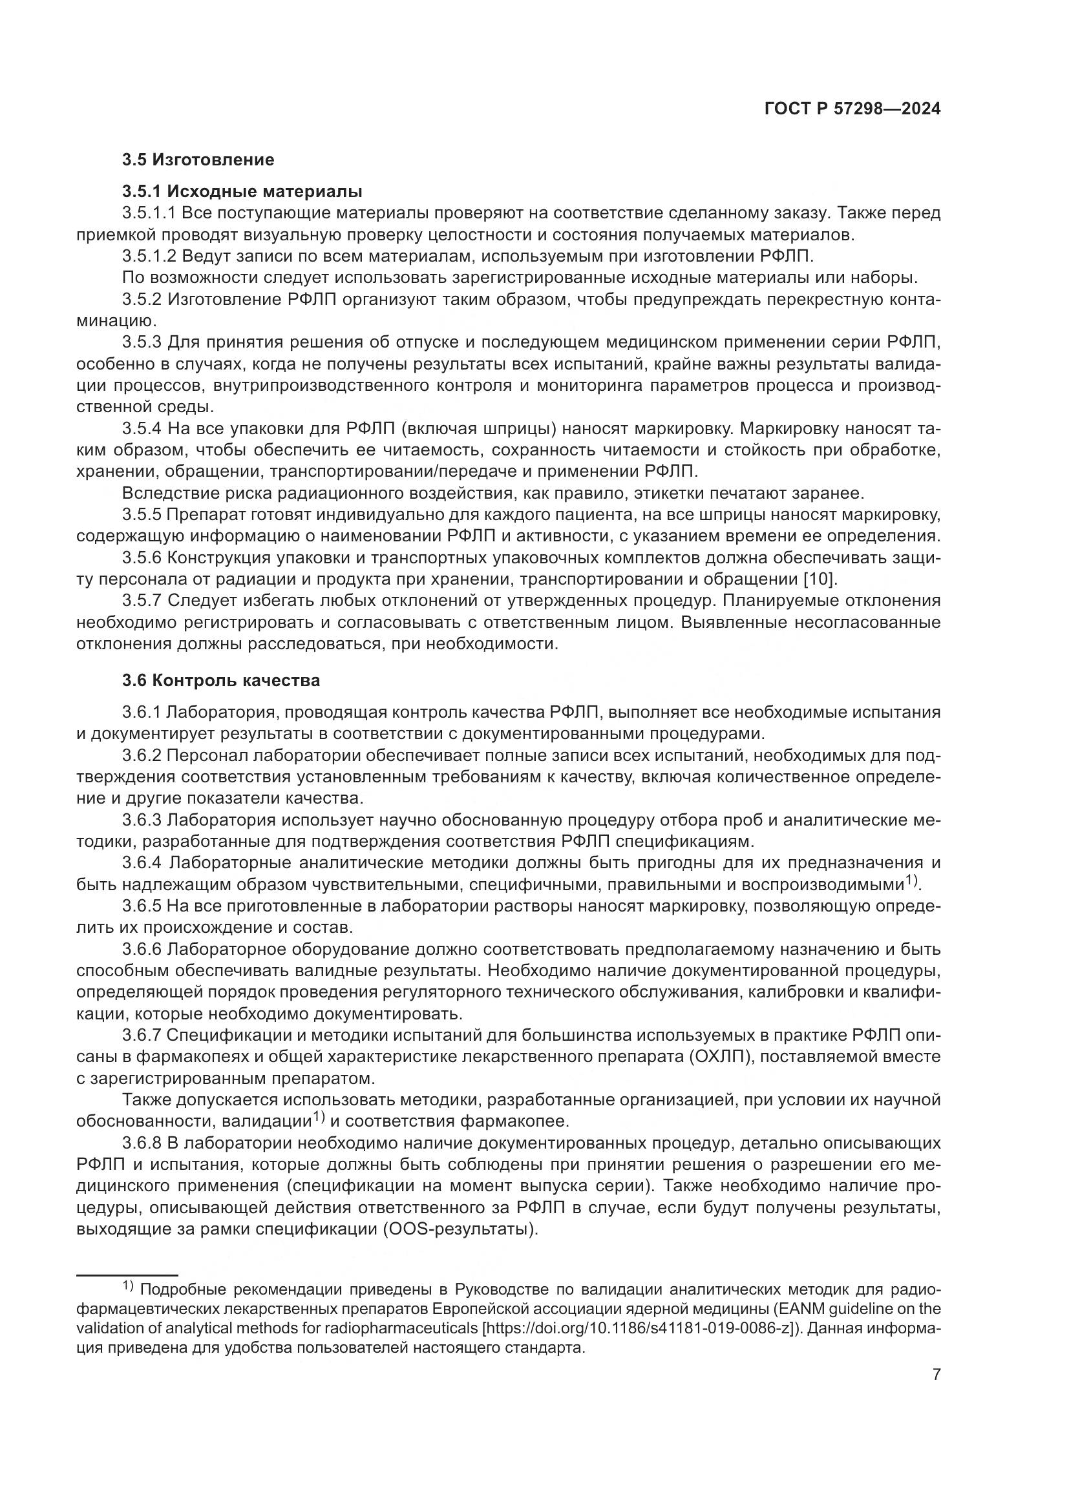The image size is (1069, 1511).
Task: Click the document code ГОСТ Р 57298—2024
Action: (x=852, y=109)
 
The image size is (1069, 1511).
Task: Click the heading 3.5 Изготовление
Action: (x=198, y=160)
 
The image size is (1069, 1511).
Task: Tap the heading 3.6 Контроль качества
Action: (x=220, y=680)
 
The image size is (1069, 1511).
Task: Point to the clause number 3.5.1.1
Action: (x=149, y=213)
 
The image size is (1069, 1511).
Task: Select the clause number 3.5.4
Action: (x=142, y=429)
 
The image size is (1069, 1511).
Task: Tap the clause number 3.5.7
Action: (x=142, y=601)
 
